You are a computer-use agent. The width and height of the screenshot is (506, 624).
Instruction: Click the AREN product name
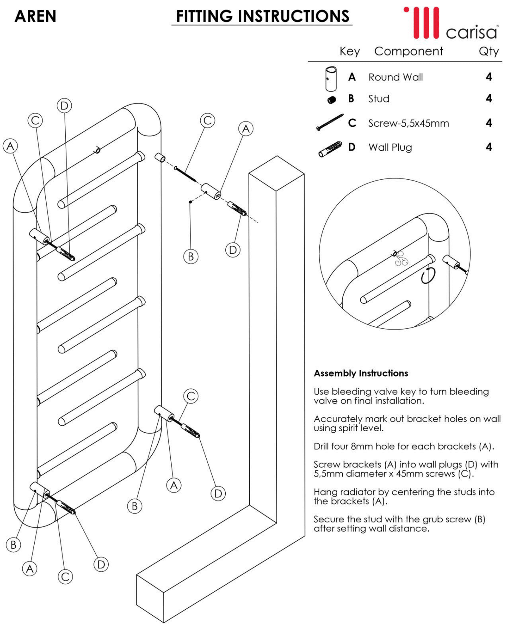35,16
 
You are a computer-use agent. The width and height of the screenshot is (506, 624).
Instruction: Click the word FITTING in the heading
204,16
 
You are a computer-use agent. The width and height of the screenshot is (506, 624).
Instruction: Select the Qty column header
488,51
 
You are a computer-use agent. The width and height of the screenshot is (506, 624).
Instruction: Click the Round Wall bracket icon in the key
331,79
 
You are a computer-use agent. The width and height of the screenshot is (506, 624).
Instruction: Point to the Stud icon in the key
331,100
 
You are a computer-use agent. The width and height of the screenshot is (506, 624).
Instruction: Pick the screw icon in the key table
330,123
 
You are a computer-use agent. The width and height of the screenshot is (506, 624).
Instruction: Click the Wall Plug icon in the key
330,149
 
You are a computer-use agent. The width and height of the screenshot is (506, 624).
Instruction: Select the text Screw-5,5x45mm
408,123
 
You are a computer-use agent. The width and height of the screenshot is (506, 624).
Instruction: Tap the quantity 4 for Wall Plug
489,147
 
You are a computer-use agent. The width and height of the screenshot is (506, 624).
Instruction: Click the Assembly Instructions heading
361,373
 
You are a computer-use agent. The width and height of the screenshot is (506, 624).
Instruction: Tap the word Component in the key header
408,51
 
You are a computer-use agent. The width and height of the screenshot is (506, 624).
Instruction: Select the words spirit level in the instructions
361,428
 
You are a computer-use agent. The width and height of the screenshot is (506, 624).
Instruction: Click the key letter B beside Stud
351,99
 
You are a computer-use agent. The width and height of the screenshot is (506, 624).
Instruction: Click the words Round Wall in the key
396,77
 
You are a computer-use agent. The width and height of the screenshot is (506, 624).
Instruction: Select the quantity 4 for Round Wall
489,77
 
